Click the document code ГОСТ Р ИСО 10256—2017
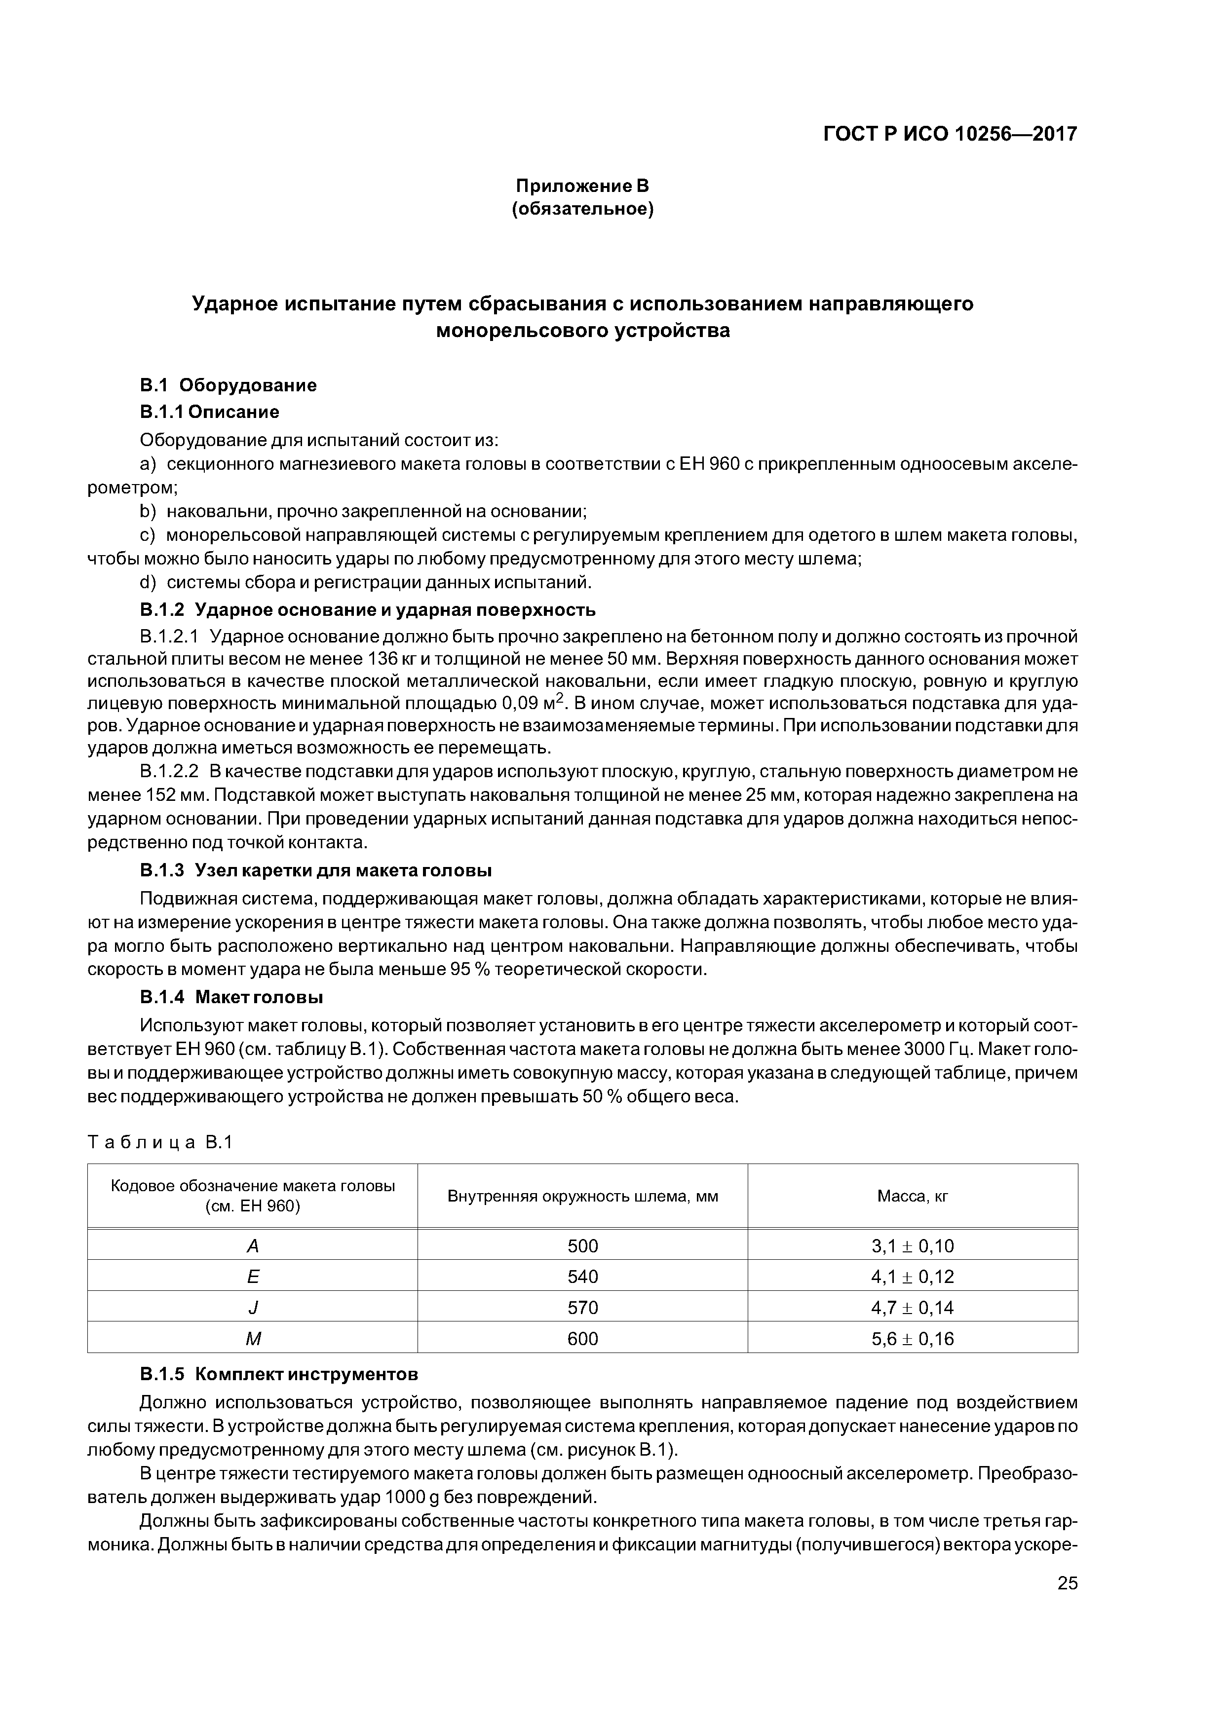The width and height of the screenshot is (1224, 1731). click(949, 134)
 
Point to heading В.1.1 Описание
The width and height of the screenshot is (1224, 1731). click(210, 412)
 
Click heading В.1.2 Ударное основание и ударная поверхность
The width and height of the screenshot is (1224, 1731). click(368, 609)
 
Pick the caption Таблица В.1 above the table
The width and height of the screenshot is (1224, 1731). click(160, 1142)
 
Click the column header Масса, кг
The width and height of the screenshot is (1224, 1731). click(912, 1196)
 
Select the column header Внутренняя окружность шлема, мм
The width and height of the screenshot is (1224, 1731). click(582, 1196)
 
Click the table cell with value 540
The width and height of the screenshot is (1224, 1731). click(582, 1277)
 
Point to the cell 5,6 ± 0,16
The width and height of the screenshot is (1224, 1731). click(912, 1339)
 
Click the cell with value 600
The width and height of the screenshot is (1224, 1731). click(582, 1339)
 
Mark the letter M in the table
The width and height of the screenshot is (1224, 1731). click(253, 1339)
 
